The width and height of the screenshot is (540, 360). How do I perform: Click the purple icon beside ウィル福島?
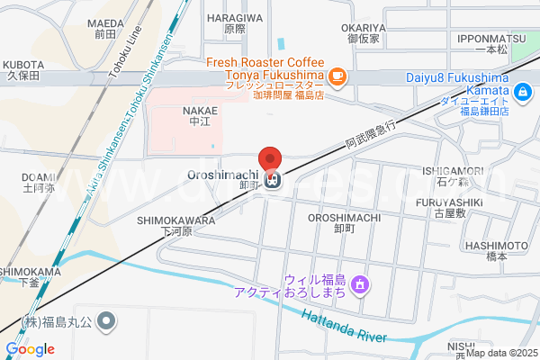click(360, 285)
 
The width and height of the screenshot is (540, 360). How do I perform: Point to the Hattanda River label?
click(344, 326)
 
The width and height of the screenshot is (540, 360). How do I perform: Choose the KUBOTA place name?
click(24, 65)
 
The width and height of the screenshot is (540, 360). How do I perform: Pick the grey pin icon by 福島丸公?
click(106, 320)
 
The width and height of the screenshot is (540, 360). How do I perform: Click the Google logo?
click(30, 349)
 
